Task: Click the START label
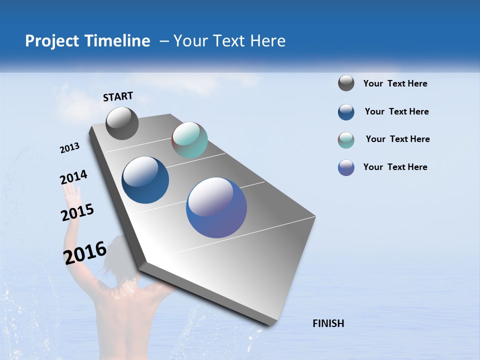[118, 96]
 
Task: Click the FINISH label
[328, 323]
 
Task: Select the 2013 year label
[69, 148]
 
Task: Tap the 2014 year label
[73, 177]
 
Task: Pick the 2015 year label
[77, 212]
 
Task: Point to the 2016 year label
[84, 252]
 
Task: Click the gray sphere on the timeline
[122, 123]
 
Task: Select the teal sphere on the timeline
[189, 140]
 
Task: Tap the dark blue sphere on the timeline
[145, 180]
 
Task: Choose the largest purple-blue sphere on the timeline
[216, 207]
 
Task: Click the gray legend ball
[346, 83]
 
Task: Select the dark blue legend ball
[346, 112]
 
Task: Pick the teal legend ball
[346, 140]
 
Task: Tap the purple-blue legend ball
[346, 167]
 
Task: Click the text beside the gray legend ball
[395, 83]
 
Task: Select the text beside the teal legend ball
[397, 139]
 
